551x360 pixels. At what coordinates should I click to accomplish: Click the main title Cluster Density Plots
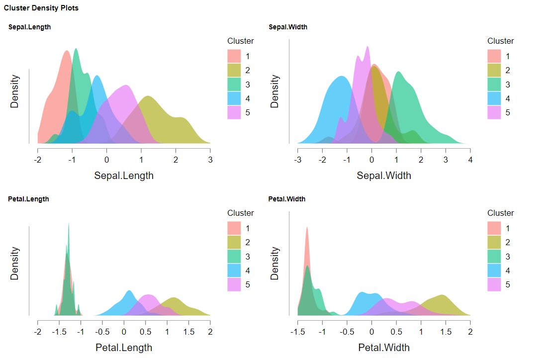click(x=41, y=8)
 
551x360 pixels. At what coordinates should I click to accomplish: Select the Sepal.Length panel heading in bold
click(x=29, y=27)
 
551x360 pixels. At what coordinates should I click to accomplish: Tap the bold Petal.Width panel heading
click(x=287, y=199)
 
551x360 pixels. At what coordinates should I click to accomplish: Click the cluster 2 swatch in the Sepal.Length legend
click(x=234, y=70)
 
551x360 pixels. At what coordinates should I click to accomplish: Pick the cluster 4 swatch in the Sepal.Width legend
click(x=494, y=98)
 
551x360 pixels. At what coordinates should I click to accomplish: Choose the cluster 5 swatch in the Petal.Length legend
click(x=234, y=284)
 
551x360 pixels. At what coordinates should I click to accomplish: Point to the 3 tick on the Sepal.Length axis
click(x=210, y=160)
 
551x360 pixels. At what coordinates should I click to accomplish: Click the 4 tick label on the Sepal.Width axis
click(x=470, y=160)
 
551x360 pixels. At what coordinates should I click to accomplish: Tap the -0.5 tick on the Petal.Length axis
click(x=102, y=332)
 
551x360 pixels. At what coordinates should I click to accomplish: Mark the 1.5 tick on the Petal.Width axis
click(x=446, y=332)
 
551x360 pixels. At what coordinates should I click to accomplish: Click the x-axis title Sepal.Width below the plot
click(x=384, y=176)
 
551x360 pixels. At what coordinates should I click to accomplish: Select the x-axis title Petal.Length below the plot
click(x=124, y=347)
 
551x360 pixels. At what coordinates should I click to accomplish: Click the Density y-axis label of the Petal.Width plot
click(x=275, y=264)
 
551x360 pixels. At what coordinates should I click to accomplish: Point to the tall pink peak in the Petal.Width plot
click(x=307, y=229)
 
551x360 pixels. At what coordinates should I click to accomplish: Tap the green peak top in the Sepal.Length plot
click(x=76, y=49)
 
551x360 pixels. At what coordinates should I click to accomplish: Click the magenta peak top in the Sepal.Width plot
click(x=367, y=48)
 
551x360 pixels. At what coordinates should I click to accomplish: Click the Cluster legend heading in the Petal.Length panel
click(x=241, y=213)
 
